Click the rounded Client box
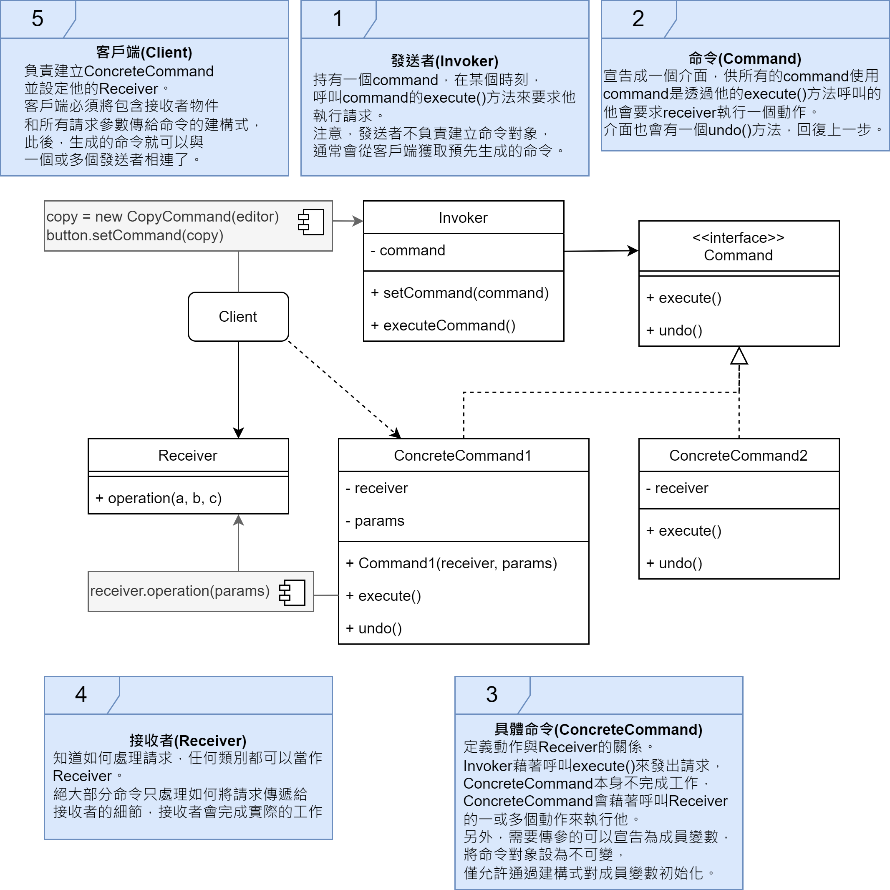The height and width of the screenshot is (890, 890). click(238, 316)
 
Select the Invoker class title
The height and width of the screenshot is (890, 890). click(463, 217)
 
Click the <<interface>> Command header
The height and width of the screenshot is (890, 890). click(739, 247)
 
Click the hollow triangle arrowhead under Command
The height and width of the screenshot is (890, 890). click(739, 356)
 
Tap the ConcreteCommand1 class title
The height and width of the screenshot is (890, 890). click(463, 455)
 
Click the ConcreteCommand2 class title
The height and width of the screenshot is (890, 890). click(739, 455)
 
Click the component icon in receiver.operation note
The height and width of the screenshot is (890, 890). click(292, 592)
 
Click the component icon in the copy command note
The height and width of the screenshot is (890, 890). click(311, 222)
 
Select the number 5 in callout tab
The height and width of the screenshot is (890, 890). click(37, 19)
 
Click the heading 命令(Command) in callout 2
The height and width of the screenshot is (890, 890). click(745, 58)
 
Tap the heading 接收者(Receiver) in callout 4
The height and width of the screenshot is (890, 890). click(188, 740)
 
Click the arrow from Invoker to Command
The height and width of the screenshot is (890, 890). click(601, 251)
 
